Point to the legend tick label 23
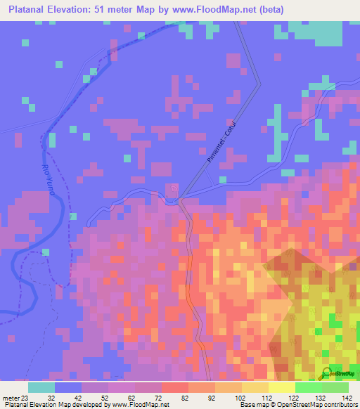(25, 397)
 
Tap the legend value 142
(347, 397)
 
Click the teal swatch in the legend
(41, 387)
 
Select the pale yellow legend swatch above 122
(281, 387)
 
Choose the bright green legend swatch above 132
(308, 387)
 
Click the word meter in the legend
(10, 397)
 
